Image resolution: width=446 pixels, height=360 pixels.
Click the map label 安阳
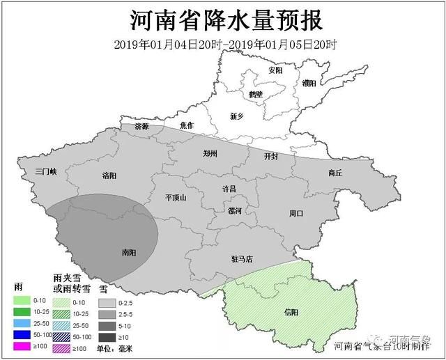click(x=275, y=71)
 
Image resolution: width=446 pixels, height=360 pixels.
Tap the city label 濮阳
click(x=309, y=83)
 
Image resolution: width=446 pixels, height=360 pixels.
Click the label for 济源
click(x=142, y=127)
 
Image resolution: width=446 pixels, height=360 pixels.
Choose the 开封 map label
click(x=271, y=157)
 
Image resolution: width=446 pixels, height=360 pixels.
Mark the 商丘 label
click(x=334, y=173)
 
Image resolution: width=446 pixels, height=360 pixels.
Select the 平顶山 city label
click(x=176, y=198)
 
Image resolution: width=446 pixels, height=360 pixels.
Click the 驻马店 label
click(x=241, y=259)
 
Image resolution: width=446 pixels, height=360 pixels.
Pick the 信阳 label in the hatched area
click(x=292, y=311)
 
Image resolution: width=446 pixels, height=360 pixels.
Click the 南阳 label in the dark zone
click(x=128, y=253)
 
